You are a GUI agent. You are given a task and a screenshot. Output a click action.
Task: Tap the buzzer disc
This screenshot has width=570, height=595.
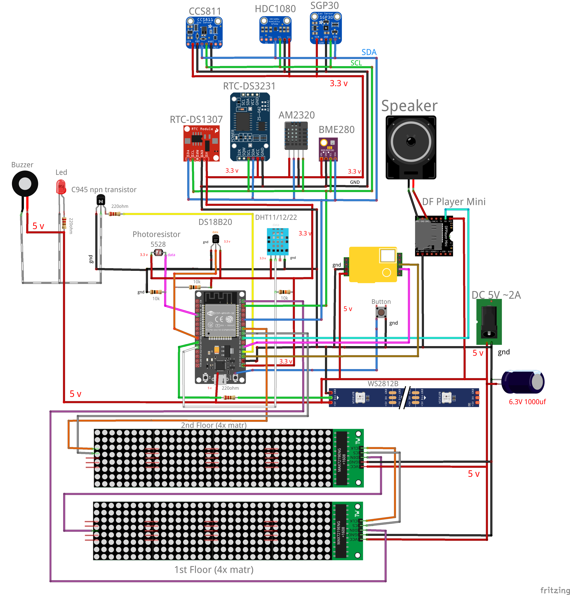25,184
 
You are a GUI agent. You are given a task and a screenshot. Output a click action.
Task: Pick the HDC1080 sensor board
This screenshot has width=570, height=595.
275,30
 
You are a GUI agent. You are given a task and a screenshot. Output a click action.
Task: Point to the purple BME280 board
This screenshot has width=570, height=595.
328,149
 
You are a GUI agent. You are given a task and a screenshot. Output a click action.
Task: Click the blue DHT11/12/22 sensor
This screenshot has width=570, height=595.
277,241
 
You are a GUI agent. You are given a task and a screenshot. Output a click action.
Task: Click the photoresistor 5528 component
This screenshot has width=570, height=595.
158,252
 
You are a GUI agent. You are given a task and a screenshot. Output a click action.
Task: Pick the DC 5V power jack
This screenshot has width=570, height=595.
489,322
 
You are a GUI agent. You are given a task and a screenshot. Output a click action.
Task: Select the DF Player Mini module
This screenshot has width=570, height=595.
434,236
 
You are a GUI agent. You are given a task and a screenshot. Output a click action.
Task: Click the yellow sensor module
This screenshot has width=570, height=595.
373,264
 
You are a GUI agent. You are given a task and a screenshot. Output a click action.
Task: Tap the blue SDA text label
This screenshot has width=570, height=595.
369,52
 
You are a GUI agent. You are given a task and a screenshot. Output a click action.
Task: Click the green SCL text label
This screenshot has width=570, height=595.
356,63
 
